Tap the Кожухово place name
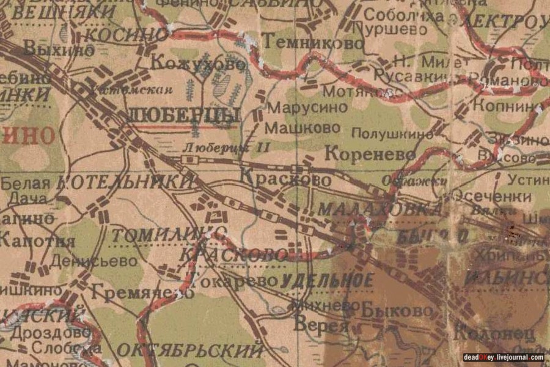197,64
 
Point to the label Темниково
313,42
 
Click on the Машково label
302,128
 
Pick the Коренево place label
370,154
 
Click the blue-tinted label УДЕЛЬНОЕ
327,281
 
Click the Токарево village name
230,281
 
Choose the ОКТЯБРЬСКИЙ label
189,351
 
